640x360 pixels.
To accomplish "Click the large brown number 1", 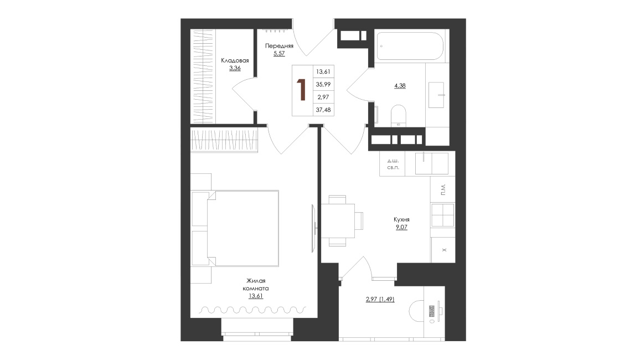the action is tap(302, 90).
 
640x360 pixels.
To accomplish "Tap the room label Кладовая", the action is tap(235, 60).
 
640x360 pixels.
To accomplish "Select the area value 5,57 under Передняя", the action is tap(279, 53).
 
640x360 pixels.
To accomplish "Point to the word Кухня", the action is tap(401, 219).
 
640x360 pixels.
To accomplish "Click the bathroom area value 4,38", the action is tap(400, 86).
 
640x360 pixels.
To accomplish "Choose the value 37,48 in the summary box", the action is tap(323, 110).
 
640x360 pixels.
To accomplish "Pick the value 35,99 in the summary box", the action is tap(323, 84).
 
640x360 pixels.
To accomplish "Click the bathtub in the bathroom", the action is tap(410, 46).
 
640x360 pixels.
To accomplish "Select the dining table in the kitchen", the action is tap(338, 220).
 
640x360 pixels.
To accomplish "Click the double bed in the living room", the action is tap(242, 228).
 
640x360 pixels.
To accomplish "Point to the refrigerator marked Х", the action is tap(443, 250).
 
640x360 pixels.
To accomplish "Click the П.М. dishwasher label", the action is tap(443, 189).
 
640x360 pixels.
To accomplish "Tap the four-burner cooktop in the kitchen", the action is tap(443, 215).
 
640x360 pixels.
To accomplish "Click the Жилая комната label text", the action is tap(256, 285).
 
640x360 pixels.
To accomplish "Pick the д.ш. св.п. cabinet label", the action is tap(393, 164).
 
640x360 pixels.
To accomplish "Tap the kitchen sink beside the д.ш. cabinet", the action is tap(432, 164).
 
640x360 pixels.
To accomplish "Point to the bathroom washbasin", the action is tap(436, 95).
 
